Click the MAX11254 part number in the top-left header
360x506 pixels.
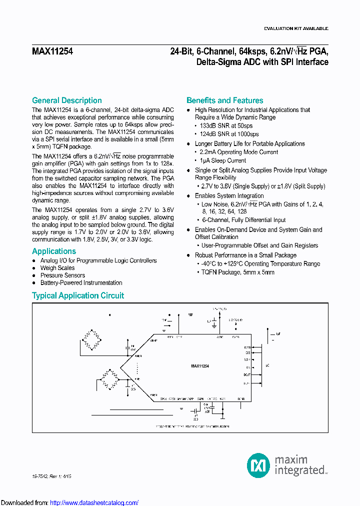[x=52, y=51]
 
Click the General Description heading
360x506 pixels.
[x=67, y=100]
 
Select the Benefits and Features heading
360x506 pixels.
[x=224, y=100]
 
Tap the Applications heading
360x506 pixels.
[x=54, y=251]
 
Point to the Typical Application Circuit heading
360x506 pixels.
[x=78, y=295]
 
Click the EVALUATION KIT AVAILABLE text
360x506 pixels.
[x=296, y=29]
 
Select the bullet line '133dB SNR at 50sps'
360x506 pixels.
[x=226, y=125]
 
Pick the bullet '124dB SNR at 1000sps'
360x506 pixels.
[x=229, y=134]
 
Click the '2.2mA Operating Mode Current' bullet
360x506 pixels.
[x=238, y=152]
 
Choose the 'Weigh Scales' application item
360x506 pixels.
[x=57, y=268]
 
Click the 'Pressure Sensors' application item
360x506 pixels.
[x=62, y=275]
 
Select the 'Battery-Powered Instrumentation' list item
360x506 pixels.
[x=81, y=283]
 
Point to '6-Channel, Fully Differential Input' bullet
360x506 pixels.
[x=244, y=220]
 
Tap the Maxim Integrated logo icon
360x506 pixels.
[x=258, y=464]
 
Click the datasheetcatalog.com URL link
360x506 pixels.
[x=94, y=502]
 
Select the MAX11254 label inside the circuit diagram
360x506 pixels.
[x=200, y=366]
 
